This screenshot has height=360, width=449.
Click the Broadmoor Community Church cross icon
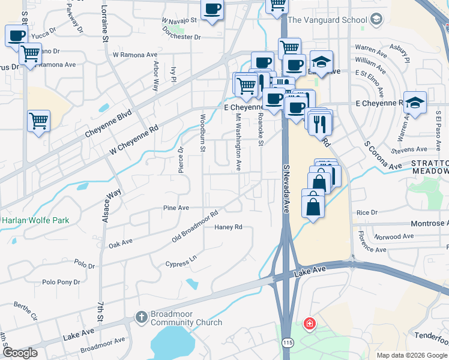coord(141,316)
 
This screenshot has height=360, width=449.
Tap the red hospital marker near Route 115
coord(309,324)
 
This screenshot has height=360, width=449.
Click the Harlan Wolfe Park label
coord(35,220)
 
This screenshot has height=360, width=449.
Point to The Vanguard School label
coord(327,20)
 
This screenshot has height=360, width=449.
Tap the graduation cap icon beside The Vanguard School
coord(376,20)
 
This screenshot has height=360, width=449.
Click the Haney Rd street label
coord(228,227)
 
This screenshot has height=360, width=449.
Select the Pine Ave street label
coord(176,208)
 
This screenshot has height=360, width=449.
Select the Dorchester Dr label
coord(181,37)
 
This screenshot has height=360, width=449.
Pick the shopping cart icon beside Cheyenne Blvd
coord(38,121)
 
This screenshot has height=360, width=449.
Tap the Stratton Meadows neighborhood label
coord(430,167)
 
